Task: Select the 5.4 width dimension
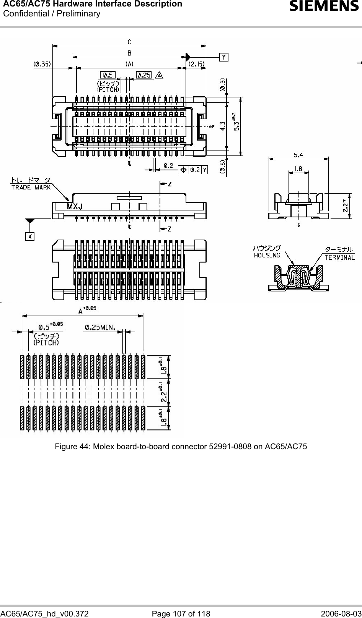298,155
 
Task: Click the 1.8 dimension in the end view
298,168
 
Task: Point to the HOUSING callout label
267,255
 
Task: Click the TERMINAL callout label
340,257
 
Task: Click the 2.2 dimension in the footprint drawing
164,392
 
